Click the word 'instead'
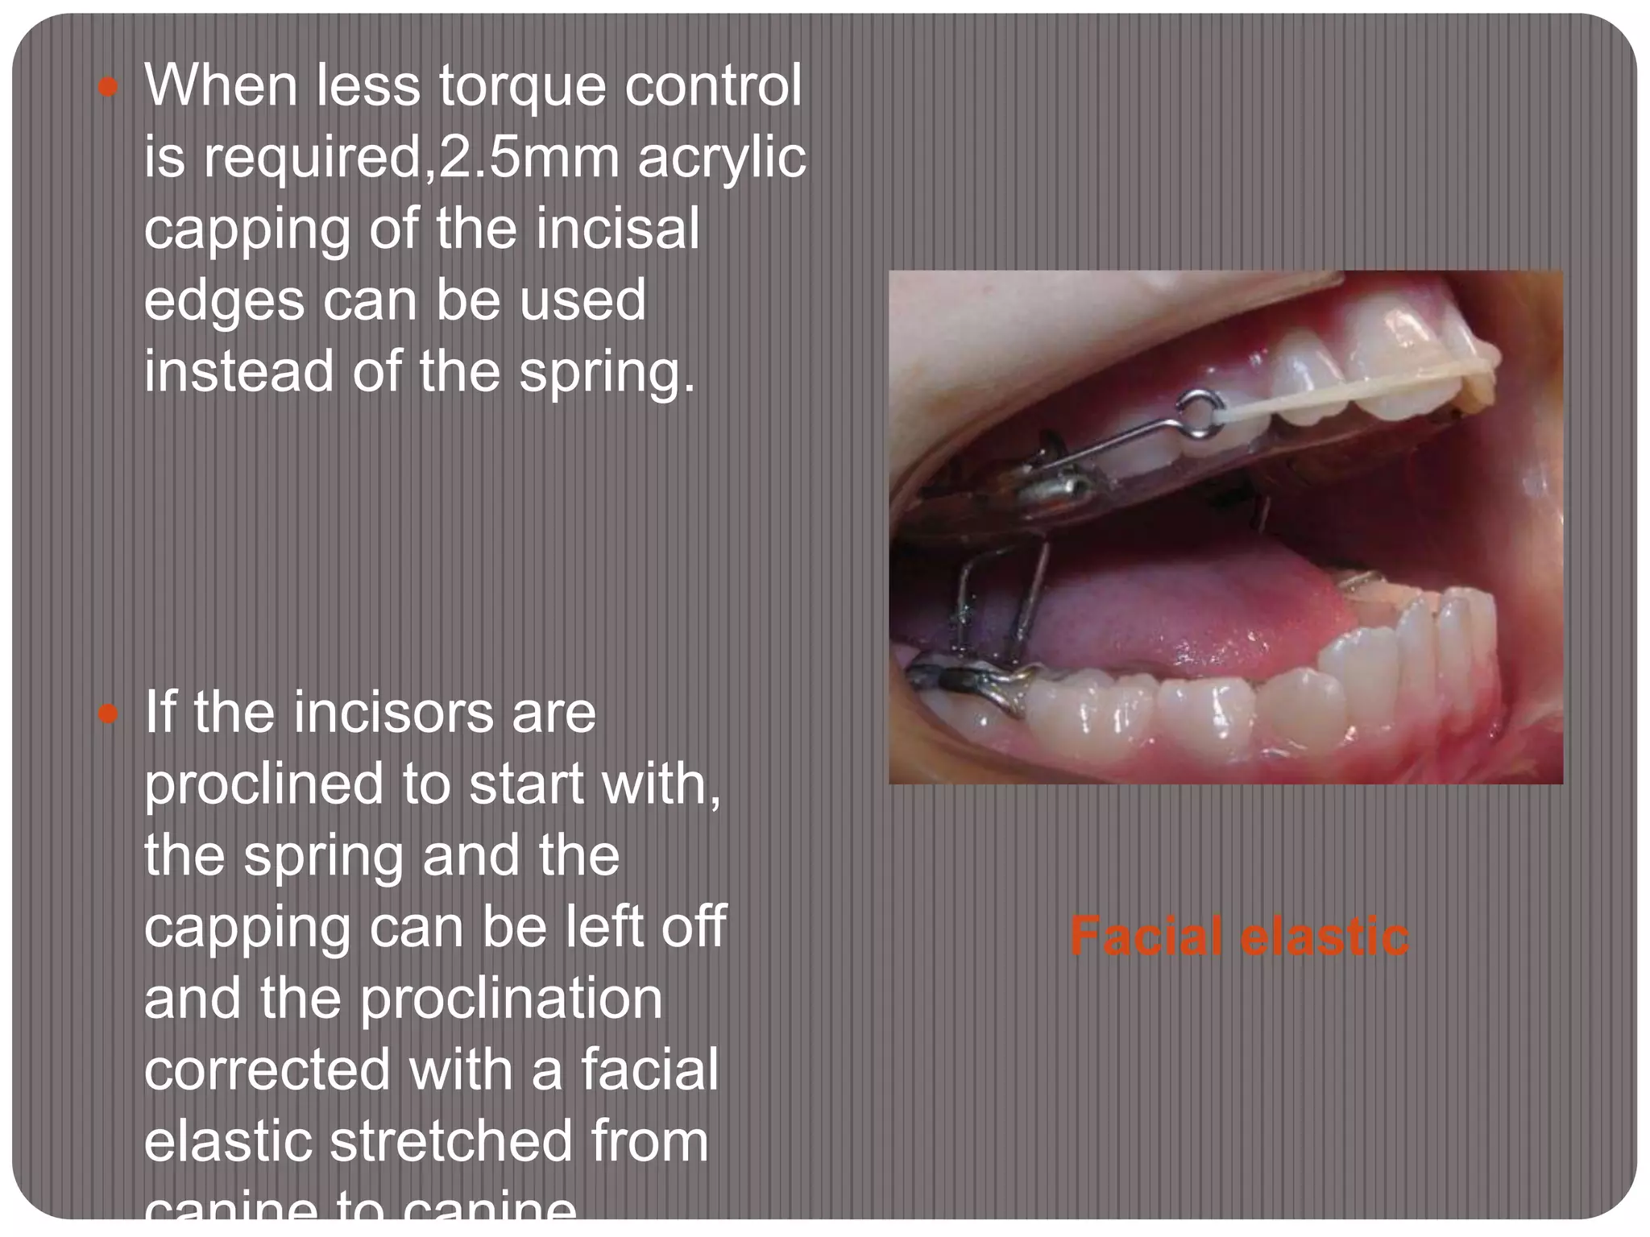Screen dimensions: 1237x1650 coord(238,371)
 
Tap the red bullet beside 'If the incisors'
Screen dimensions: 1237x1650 coord(108,714)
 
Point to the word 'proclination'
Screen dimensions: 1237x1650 coord(511,999)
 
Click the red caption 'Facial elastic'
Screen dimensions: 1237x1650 coord(1239,937)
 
